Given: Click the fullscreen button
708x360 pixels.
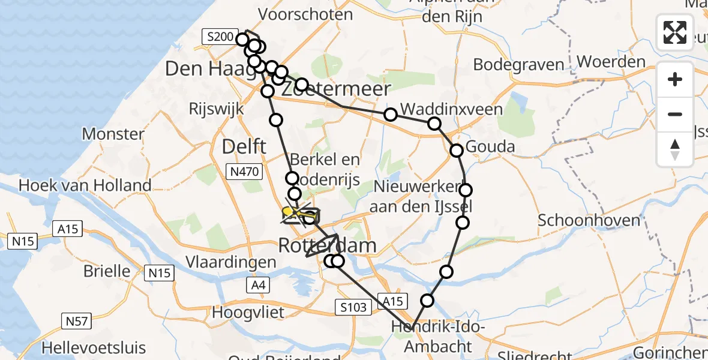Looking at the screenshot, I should [x=675, y=32].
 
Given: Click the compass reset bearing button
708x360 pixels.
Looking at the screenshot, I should [x=675, y=149].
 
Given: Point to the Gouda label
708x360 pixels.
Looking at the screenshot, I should [x=490, y=146].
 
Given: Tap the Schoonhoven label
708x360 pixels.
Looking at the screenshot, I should [x=589, y=220].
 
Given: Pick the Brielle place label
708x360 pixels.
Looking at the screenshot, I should [x=107, y=271].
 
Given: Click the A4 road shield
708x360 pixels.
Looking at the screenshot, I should [x=258, y=286].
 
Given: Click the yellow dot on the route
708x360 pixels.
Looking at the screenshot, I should [x=288, y=212].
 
